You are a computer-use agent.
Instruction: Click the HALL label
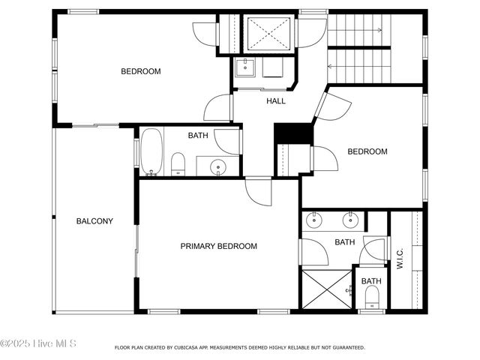tap(276, 100)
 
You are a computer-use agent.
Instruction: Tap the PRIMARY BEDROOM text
tap(218, 246)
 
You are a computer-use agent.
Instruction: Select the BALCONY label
tap(94, 221)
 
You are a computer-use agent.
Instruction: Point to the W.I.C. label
tap(400, 259)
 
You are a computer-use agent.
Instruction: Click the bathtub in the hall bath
tap(151, 152)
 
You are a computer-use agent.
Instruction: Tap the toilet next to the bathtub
tap(178, 163)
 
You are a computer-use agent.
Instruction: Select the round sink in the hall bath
tap(217, 166)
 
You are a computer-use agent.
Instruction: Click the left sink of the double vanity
tap(315, 220)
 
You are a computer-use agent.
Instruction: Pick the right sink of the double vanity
tap(349, 220)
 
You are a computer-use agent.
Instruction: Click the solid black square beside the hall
tap(293, 133)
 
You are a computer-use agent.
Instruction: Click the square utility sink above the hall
tap(244, 67)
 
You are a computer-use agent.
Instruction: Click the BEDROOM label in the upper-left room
tap(141, 72)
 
